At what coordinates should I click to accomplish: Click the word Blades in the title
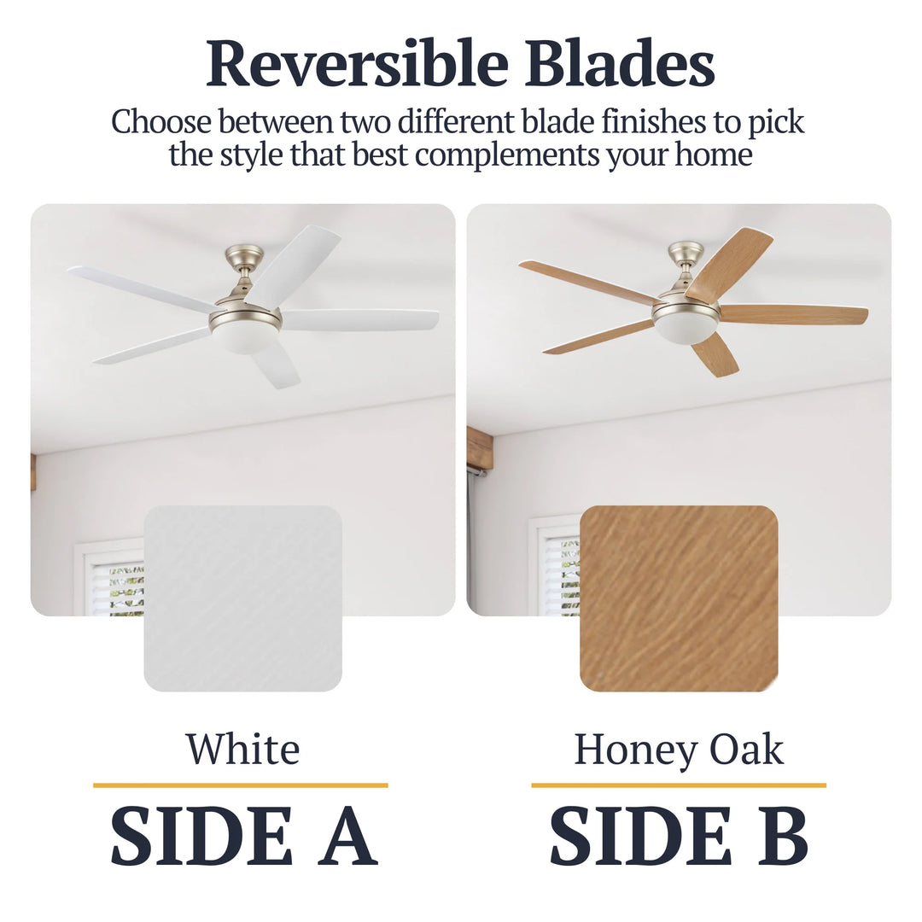[x=620, y=64]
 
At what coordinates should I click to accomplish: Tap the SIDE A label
[x=243, y=837]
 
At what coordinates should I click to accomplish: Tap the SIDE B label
[x=679, y=837]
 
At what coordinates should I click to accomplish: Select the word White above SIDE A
[x=243, y=750]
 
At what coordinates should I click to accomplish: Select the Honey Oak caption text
[x=679, y=750]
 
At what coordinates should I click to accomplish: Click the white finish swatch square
[x=243, y=598]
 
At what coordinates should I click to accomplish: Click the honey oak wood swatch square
[x=679, y=598]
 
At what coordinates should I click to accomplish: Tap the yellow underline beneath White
[x=240, y=785]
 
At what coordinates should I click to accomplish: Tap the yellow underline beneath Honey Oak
[x=679, y=785]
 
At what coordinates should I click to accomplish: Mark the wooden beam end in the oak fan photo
[x=480, y=447]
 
